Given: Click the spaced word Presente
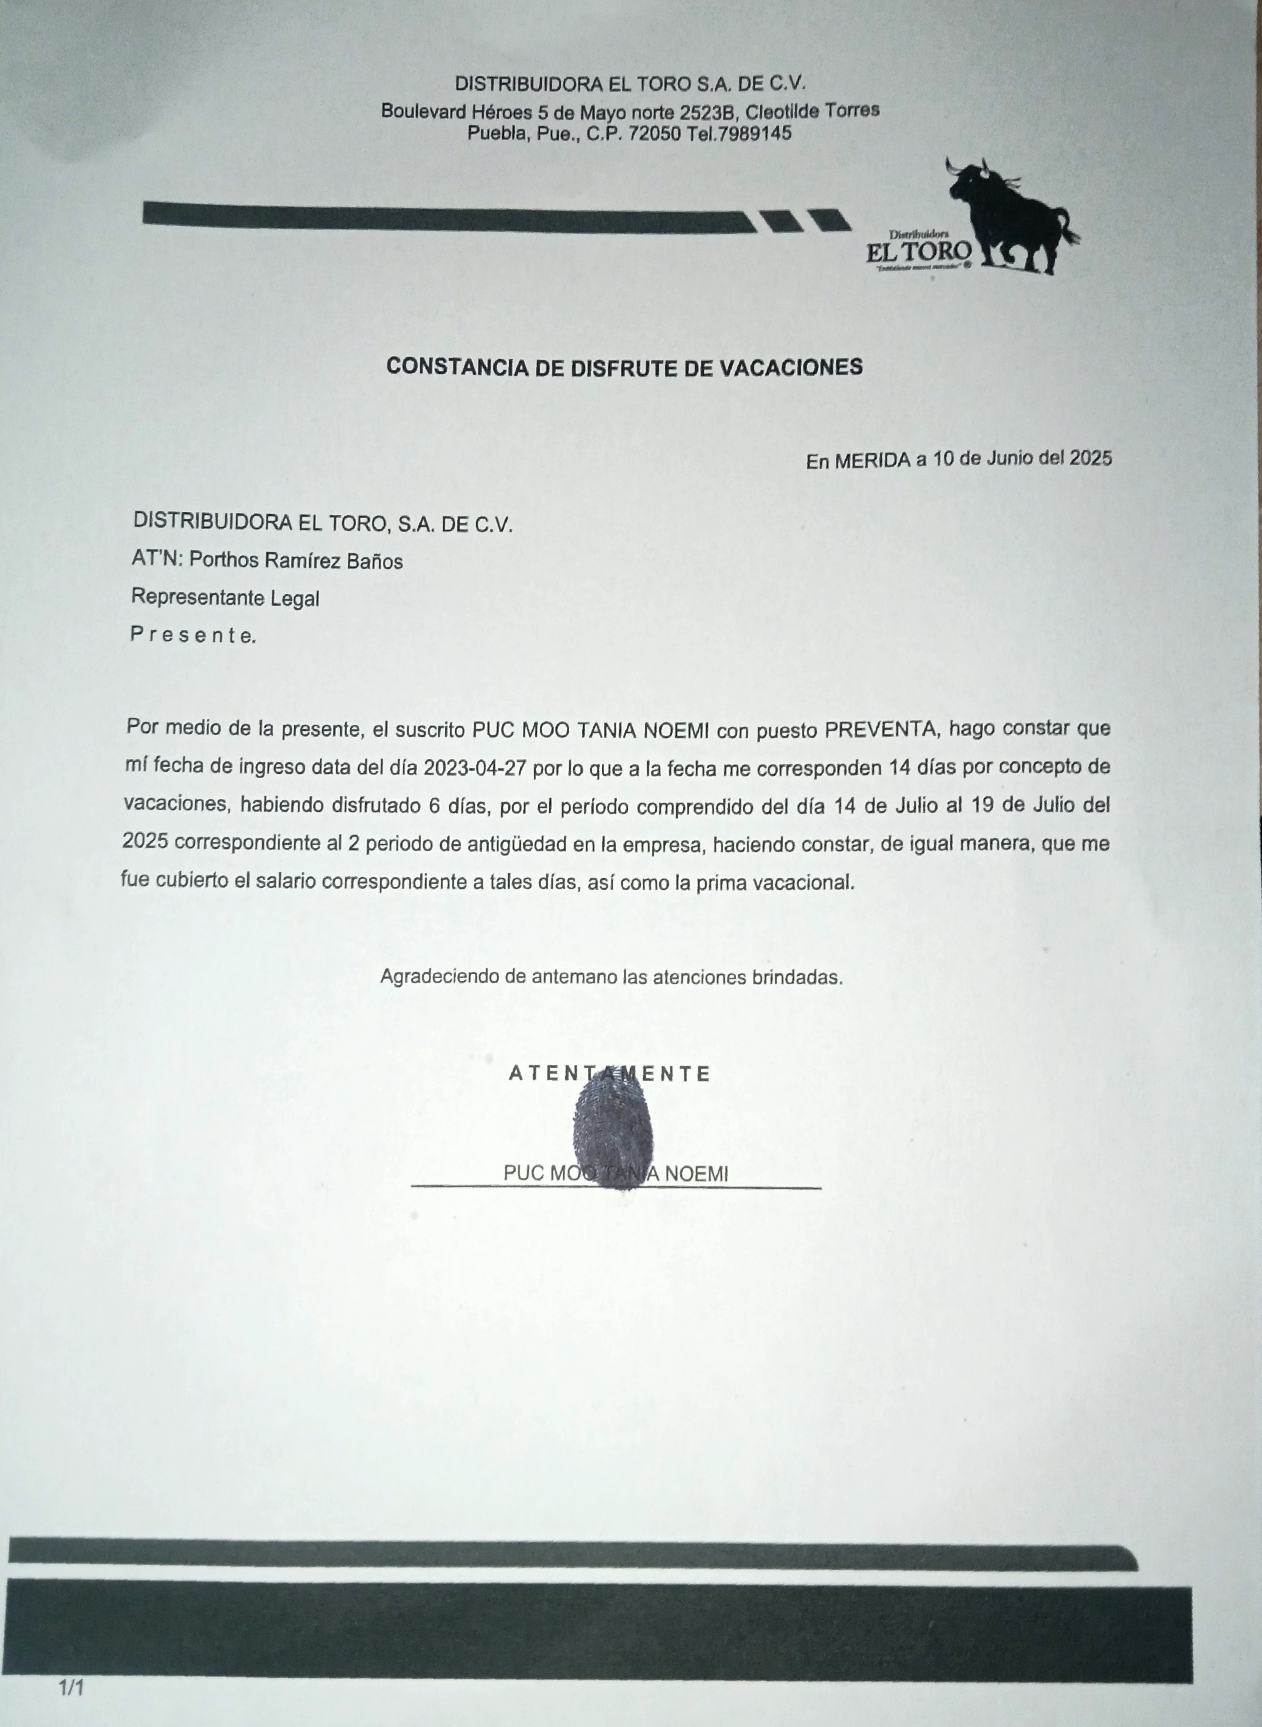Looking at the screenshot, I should pyautogui.click(x=193, y=634).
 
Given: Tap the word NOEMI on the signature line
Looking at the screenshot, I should pyautogui.click(x=696, y=1174).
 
